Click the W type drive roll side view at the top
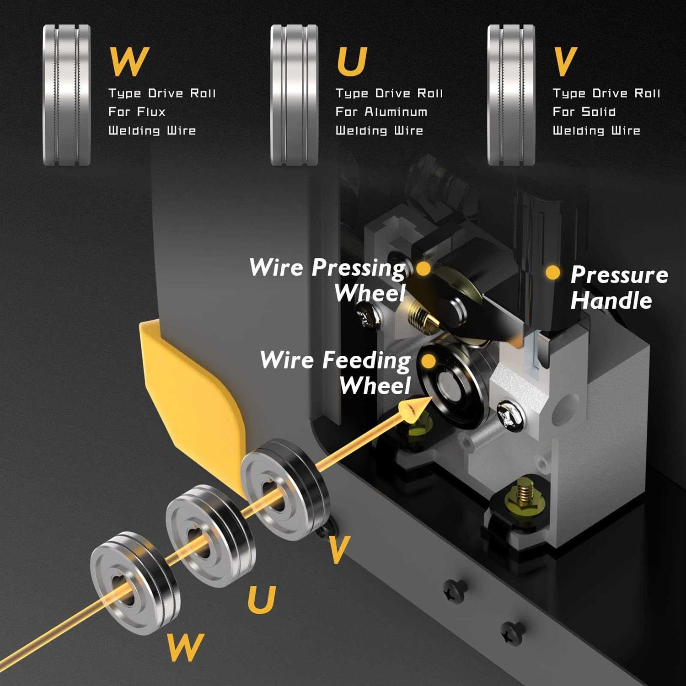coord(67,95)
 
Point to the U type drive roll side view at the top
coord(294,95)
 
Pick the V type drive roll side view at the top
coord(511,95)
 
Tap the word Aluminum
coord(396,112)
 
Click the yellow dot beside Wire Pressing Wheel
coord(423,268)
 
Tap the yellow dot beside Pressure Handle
coord(553,273)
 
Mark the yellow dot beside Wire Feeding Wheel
coord(428,361)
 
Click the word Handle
coord(611,301)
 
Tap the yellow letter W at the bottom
coord(185,646)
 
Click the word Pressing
coord(359,268)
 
